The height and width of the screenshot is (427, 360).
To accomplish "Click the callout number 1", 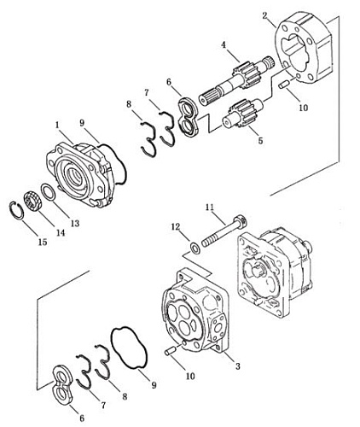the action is (x=58, y=125).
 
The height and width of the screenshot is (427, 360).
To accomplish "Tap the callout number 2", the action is (x=265, y=15).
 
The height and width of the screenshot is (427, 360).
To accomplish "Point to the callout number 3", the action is (x=237, y=366).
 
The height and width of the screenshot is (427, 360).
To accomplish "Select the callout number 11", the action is (x=210, y=208).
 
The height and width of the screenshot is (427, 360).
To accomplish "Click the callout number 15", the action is (x=43, y=243).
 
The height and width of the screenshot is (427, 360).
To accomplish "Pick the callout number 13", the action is (x=75, y=224).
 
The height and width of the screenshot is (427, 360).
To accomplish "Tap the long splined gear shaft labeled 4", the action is (x=236, y=80).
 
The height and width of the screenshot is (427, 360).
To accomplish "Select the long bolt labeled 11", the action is (x=224, y=231).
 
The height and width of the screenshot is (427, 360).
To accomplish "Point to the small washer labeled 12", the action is (x=195, y=247).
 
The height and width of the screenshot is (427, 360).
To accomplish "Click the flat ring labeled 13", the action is (x=48, y=192).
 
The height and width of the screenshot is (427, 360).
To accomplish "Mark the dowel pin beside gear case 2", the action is (x=284, y=85).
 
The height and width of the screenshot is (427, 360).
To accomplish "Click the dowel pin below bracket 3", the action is (x=171, y=351).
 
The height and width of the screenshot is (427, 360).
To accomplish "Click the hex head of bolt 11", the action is (x=241, y=222).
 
